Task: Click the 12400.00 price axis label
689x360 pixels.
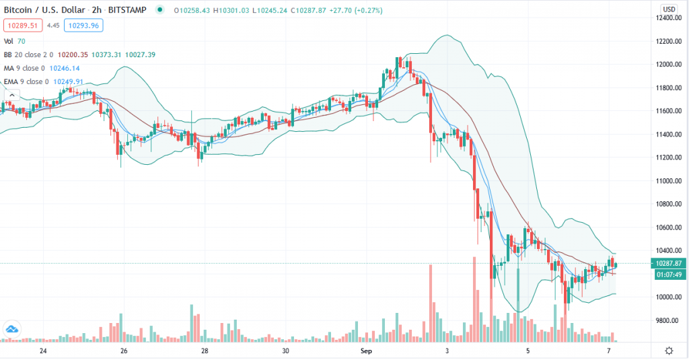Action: pos(672,18)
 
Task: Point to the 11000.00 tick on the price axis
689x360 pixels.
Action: pos(672,181)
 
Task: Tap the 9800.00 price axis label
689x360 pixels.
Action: pos(672,320)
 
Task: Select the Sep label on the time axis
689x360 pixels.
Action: pos(366,351)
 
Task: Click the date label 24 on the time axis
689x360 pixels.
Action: pos(43,351)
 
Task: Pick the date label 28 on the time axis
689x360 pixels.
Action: pos(205,351)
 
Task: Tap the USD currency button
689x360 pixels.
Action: pos(669,9)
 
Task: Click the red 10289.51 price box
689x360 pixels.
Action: pos(23,26)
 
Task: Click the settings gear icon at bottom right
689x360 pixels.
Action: pos(669,351)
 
